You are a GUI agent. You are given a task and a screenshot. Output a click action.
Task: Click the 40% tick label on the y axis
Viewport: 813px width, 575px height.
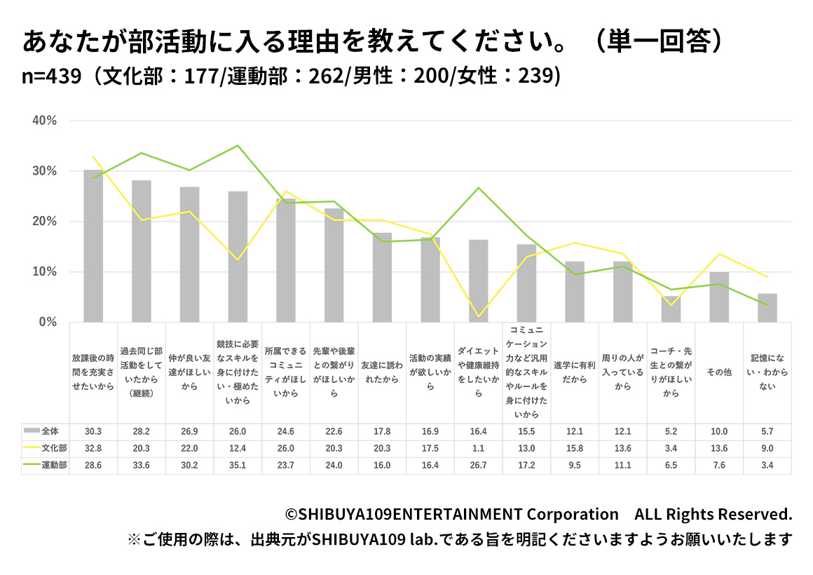[x=44, y=121]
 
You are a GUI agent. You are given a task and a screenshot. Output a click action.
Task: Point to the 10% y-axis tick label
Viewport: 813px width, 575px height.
[x=44, y=272]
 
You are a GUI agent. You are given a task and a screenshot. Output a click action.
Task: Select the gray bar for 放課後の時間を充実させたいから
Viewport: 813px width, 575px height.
[x=93, y=245]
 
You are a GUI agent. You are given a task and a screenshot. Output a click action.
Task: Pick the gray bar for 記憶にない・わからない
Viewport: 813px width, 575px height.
[x=767, y=308]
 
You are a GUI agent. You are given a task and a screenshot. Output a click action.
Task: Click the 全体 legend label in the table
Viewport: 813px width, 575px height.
[x=50, y=431]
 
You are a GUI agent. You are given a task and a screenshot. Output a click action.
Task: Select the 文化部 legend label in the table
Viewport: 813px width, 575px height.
[x=54, y=448]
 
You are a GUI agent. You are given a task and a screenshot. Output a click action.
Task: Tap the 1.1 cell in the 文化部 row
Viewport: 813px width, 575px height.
[x=479, y=448]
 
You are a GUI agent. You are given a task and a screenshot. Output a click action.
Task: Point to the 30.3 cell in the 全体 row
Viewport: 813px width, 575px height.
[x=93, y=431]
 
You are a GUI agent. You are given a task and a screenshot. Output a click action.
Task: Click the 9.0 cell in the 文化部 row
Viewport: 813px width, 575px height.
[x=767, y=448]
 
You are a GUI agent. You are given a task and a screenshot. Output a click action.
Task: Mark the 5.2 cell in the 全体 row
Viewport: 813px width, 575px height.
[x=671, y=431]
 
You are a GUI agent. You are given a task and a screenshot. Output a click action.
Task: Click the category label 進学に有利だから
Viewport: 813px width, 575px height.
[x=575, y=372]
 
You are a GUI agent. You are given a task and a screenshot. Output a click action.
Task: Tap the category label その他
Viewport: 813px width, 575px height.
[x=719, y=372]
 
